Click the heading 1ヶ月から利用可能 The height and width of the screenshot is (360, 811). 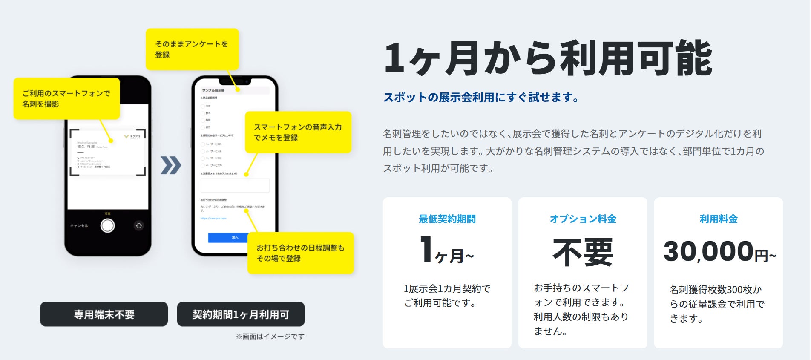[x=548, y=58]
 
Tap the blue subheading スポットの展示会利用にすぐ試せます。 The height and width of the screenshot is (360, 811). [x=481, y=98]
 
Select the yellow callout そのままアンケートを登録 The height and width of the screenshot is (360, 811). [x=192, y=49]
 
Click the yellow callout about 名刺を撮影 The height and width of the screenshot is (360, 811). [x=66, y=98]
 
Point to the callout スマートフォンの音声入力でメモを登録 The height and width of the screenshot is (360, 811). [x=298, y=132]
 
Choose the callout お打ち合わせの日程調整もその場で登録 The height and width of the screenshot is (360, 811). [x=300, y=253]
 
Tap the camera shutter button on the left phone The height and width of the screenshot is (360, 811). [x=107, y=225]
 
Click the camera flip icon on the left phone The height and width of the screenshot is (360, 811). [x=138, y=225]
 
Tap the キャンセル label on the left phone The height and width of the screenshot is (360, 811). [x=79, y=226]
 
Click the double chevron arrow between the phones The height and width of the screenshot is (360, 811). [x=171, y=165]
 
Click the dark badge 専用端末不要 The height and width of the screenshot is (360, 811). [x=104, y=314]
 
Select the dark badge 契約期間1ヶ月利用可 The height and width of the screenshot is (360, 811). [x=241, y=314]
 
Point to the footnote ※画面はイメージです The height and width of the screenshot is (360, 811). [x=270, y=337]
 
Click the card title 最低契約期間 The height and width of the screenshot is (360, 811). [x=447, y=219]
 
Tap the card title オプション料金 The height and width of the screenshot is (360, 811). [x=583, y=219]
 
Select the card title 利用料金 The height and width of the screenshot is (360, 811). [x=719, y=219]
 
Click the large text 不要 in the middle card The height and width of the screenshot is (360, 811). [x=583, y=252]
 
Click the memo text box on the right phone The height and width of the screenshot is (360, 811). [x=235, y=185]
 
